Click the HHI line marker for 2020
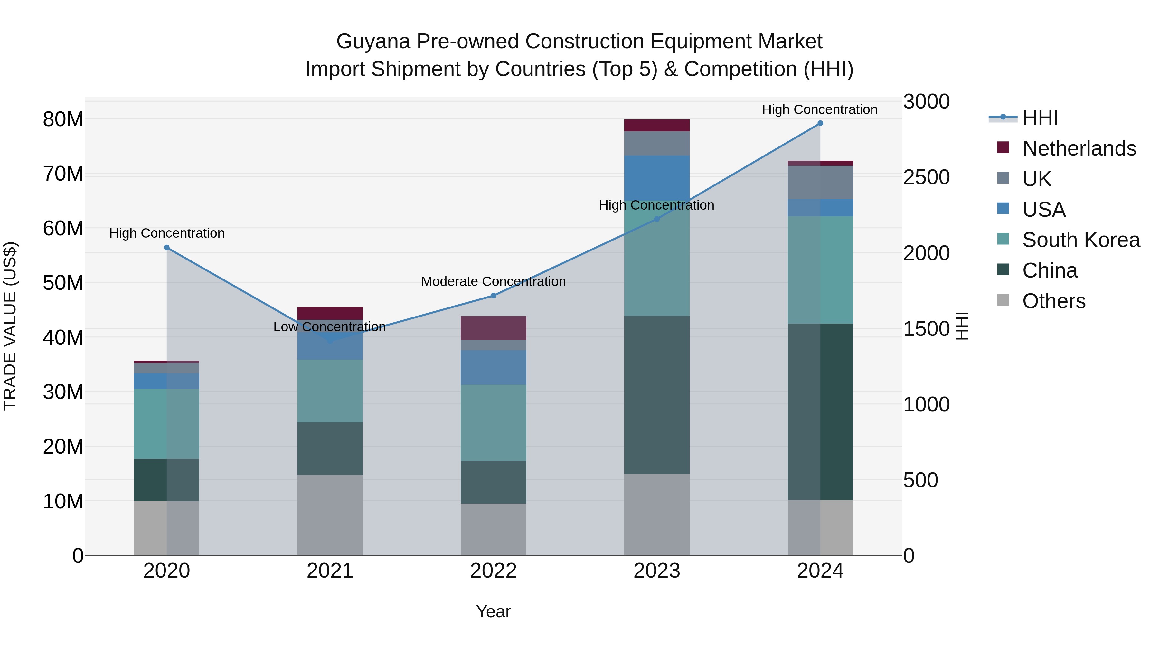166,248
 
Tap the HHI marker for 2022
493,296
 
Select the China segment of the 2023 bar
656,395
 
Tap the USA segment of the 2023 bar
656,178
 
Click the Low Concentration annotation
329,327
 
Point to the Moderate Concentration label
493,282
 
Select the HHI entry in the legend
1039,118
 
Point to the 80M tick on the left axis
63,120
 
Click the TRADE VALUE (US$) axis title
10,326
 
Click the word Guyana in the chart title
373,42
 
